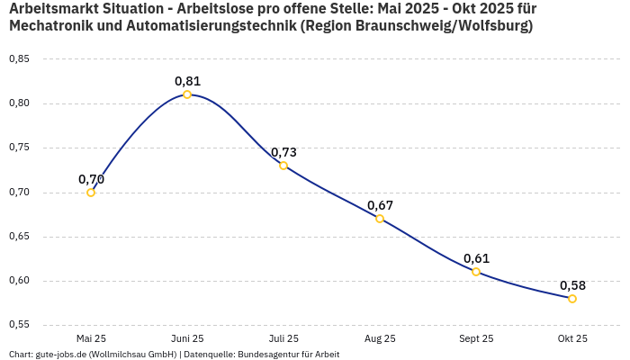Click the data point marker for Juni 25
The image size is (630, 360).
(187, 94)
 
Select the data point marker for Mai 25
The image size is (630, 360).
(91, 192)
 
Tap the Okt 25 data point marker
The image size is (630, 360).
(572, 299)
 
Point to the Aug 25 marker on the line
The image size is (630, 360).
(380, 219)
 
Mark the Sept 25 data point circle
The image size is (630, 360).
(476, 272)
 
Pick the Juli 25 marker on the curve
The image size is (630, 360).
(283, 166)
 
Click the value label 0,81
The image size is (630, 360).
(187, 81)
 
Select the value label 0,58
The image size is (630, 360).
(572, 285)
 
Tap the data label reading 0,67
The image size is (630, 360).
(380, 205)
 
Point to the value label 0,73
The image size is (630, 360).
(283, 152)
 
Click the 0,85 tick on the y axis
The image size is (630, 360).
(19, 59)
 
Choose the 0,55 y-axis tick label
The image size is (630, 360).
(19, 325)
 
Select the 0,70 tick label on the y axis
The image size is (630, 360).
(19, 193)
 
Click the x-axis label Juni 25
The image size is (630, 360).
(187, 338)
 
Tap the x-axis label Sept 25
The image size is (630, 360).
(476, 338)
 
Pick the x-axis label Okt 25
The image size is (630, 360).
(572, 338)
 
